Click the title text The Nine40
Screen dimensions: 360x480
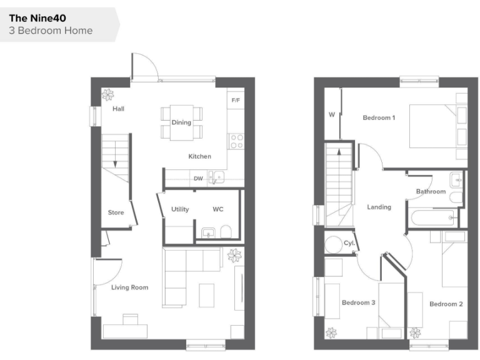click(x=37, y=19)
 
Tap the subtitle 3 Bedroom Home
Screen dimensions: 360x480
click(x=51, y=31)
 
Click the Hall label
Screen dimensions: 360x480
click(x=118, y=109)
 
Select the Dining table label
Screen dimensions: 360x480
click(x=181, y=122)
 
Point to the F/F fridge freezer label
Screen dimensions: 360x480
click(x=236, y=100)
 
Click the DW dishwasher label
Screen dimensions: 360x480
click(x=198, y=179)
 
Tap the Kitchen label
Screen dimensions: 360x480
click(x=200, y=156)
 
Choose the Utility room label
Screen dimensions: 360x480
click(x=180, y=209)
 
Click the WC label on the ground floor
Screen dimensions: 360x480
click(x=218, y=209)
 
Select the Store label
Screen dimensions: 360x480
click(x=116, y=212)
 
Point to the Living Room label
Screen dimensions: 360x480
click(x=130, y=287)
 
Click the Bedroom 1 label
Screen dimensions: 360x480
click(x=379, y=117)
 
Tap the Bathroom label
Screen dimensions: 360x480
click(x=431, y=191)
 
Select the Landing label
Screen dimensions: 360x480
click(x=379, y=207)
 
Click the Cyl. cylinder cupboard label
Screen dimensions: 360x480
click(x=349, y=242)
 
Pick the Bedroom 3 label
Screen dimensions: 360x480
click(x=358, y=303)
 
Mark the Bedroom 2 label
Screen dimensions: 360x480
click(x=446, y=304)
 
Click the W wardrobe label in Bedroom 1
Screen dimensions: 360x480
click(x=332, y=114)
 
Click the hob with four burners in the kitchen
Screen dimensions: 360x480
click(x=236, y=141)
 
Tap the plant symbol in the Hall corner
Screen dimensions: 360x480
click(x=108, y=94)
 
